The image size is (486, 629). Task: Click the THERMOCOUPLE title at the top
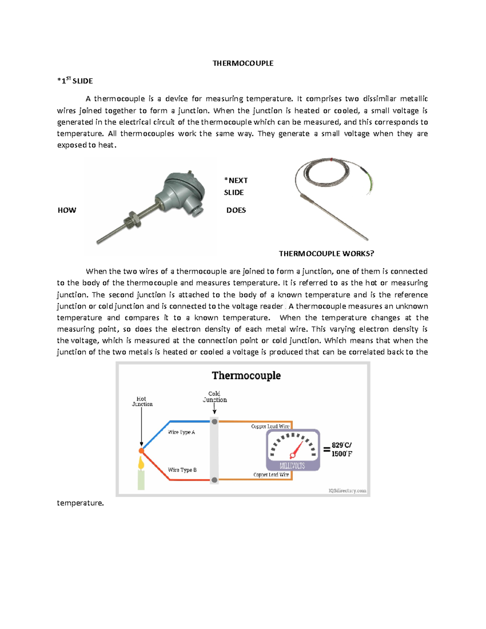243,63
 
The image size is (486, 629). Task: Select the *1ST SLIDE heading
75,81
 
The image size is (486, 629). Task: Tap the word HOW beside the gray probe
67,210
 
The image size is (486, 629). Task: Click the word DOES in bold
236,210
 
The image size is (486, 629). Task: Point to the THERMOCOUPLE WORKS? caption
326,254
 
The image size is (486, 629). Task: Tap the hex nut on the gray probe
134,219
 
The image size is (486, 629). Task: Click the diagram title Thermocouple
246,375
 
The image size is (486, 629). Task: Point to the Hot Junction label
142,401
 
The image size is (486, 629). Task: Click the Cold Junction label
215,397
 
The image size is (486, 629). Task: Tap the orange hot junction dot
141,451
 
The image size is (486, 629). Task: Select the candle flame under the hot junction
141,463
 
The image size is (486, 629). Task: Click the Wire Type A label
181,432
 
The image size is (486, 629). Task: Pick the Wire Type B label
182,470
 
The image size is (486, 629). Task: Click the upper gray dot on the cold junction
215,422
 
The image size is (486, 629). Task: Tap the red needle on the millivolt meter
297,449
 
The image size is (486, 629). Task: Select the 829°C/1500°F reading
342,449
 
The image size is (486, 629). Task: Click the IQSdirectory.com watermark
347,490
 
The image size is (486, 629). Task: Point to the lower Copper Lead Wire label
271,475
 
